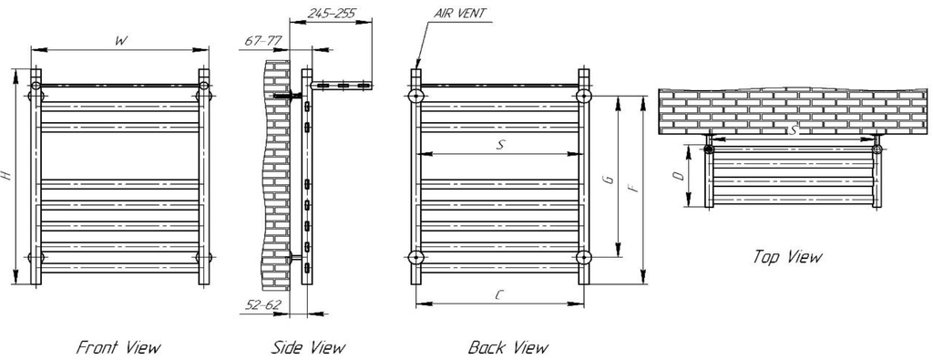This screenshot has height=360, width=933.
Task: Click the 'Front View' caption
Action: tap(118, 347)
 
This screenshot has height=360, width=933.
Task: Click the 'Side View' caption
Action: tap(308, 347)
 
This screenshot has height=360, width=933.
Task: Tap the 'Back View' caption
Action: tap(508, 347)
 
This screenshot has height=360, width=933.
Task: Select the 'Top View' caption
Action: tap(787, 257)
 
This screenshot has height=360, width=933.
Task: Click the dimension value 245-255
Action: tap(333, 14)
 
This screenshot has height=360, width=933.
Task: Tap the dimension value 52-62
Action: tap(263, 304)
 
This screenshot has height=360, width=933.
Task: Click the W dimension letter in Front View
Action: tap(119, 41)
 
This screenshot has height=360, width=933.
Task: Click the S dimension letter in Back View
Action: tap(500, 143)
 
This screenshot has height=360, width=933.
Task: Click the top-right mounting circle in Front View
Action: tap(204, 88)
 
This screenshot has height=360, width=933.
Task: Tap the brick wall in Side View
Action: tap(277, 164)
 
